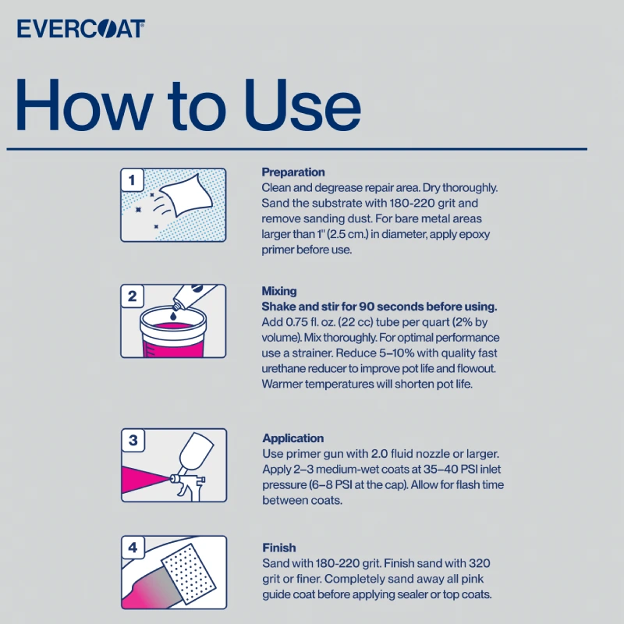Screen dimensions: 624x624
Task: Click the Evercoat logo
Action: point(81,29)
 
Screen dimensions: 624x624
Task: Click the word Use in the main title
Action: point(303,105)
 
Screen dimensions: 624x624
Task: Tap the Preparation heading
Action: point(293,172)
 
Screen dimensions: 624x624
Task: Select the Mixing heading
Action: point(279,291)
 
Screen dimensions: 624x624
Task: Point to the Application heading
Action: point(293,438)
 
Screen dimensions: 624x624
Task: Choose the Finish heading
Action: point(279,548)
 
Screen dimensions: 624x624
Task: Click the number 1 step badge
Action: point(132,180)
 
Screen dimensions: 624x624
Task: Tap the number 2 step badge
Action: point(132,296)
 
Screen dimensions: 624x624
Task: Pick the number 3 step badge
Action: point(133,440)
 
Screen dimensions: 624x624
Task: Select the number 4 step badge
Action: point(133,548)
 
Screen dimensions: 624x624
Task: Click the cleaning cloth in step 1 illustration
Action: point(186,195)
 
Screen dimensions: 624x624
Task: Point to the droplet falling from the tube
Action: point(173,316)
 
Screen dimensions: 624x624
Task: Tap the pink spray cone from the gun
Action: point(145,479)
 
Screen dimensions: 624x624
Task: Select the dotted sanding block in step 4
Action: point(189,572)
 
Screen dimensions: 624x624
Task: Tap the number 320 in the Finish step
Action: point(480,563)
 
